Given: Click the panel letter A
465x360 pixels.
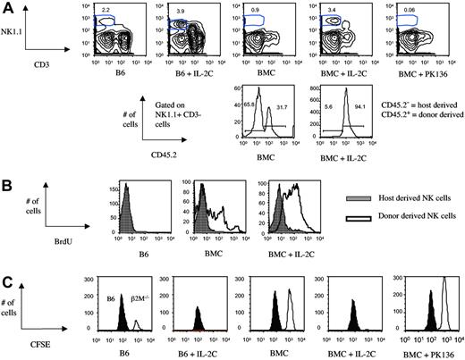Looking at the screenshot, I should [x=9, y=7].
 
